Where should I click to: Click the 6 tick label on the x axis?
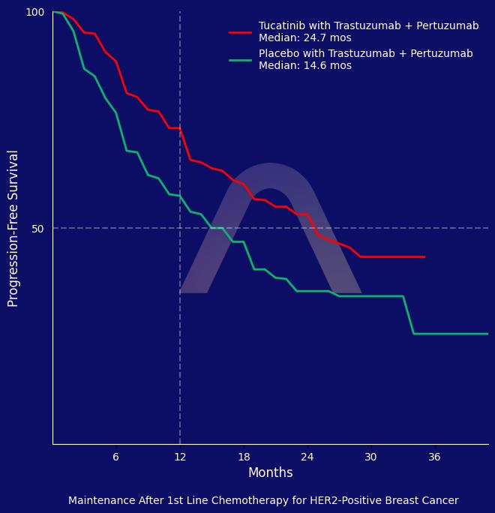click(x=115, y=457)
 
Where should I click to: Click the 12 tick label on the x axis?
click(x=180, y=457)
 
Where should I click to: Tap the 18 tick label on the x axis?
click(x=244, y=457)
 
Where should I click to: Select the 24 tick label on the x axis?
click(x=307, y=457)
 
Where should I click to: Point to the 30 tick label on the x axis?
click(x=371, y=457)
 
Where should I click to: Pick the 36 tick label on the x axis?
click(x=435, y=457)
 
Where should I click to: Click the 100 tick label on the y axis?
click(x=35, y=12)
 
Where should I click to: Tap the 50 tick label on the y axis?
click(x=37, y=229)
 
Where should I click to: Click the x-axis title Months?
click(x=270, y=473)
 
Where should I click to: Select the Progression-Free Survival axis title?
click(x=13, y=228)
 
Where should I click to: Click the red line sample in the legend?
click(x=240, y=32)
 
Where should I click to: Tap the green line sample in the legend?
click(x=240, y=60)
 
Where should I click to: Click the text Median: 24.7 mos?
click(x=304, y=38)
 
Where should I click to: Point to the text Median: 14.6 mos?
click(x=304, y=66)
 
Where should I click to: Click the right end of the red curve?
click(x=424, y=256)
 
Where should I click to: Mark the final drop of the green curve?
click(x=409, y=316)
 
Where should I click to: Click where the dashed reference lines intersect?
click(x=180, y=228)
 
